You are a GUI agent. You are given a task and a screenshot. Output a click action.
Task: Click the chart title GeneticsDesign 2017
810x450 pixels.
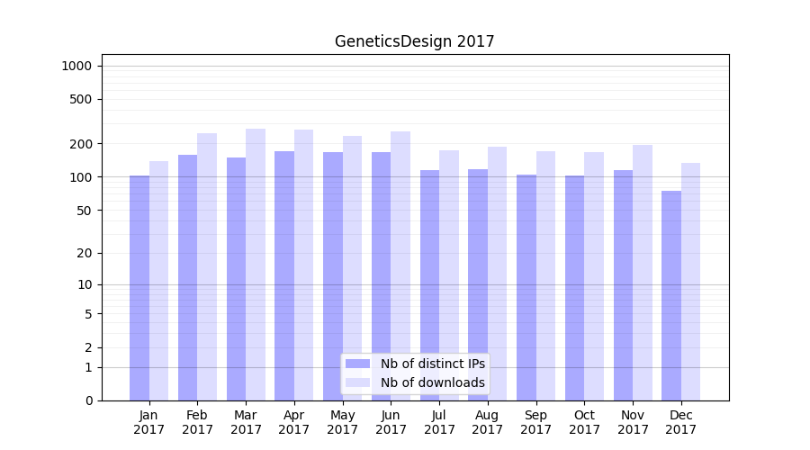pos(414,41)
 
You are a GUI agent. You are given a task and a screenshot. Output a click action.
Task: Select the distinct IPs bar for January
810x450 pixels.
pos(139,288)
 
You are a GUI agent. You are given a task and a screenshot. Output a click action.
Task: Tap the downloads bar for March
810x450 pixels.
pos(256,265)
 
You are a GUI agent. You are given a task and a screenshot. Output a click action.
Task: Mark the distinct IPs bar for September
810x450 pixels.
pos(526,287)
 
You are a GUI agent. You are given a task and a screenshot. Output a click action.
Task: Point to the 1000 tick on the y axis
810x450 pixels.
pos(76,66)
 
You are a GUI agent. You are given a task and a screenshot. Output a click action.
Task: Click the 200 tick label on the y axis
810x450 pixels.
pos(81,144)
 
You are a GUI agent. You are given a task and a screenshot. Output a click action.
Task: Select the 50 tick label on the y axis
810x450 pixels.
pos(84,211)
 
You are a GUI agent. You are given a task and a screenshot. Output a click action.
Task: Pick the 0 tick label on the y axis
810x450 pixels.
pos(88,400)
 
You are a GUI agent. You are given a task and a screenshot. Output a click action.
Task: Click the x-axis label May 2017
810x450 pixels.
pos(342,422)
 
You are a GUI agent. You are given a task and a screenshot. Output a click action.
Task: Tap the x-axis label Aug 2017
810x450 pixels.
pos(488,422)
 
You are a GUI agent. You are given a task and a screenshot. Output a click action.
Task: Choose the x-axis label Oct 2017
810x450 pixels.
pos(584,422)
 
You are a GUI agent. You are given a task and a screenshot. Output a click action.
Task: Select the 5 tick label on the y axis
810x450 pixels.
pos(88,314)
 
